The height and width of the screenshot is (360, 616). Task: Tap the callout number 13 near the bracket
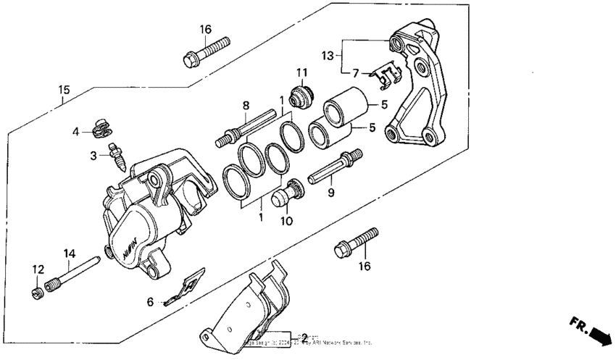pos(328,55)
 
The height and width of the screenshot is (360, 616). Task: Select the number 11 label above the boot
pos(301,72)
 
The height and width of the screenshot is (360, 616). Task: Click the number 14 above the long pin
pos(70,253)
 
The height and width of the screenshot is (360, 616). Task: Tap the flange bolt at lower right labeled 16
pos(355,242)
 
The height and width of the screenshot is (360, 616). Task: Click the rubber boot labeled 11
pos(301,95)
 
